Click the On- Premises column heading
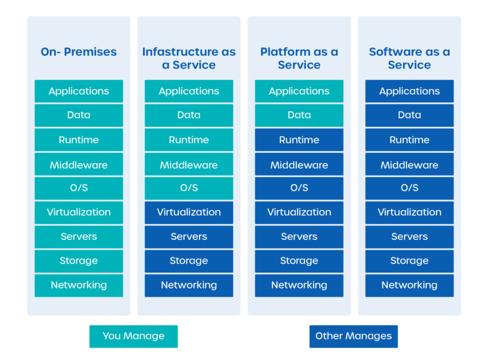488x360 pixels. click(79, 52)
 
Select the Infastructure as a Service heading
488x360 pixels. click(189, 58)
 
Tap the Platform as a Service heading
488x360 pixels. click(299, 58)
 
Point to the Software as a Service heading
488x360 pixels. click(409, 58)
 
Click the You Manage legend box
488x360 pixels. click(133, 336)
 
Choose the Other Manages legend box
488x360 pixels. click(353, 336)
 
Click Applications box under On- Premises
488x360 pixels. click(79, 91)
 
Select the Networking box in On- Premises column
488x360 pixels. click(79, 285)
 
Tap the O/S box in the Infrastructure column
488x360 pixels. click(189, 188)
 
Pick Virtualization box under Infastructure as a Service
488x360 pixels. click(189, 212)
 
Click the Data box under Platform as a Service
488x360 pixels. click(299, 115)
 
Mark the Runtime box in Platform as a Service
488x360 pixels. click(299, 140)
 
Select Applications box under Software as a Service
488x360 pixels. click(409, 91)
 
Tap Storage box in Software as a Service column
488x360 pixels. click(409, 261)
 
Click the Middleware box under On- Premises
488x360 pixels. click(79, 164)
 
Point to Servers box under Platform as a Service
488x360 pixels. click(299, 236)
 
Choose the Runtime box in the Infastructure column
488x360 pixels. click(189, 140)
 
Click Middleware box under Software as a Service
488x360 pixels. click(409, 164)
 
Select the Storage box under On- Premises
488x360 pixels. click(79, 261)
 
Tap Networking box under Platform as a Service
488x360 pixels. click(299, 285)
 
